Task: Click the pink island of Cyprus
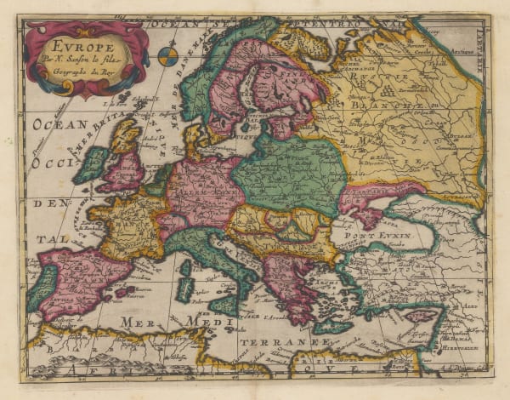(x=422, y=316)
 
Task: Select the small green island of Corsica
(x=185, y=267)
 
